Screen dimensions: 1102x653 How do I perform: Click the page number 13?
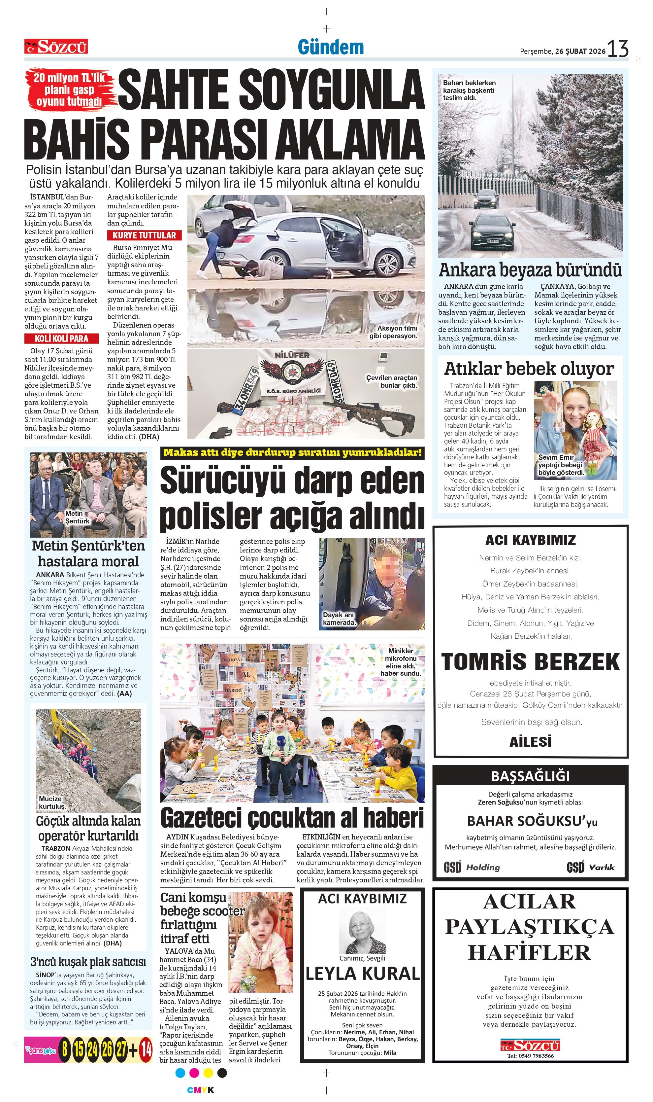click(x=618, y=49)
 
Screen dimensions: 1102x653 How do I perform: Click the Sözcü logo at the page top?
click(x=56, y=46)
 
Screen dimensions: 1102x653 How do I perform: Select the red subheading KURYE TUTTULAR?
click(x=144, y=235)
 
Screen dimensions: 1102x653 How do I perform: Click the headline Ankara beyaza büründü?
click(x=530, y=269)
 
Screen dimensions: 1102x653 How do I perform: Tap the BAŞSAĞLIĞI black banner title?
click(x=530, y=776)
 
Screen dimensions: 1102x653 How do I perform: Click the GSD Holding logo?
click(x=472, y=867)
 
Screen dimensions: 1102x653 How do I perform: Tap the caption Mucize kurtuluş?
click(x=51, y=802)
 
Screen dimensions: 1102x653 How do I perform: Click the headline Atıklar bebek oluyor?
click(x=529, y=369)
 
